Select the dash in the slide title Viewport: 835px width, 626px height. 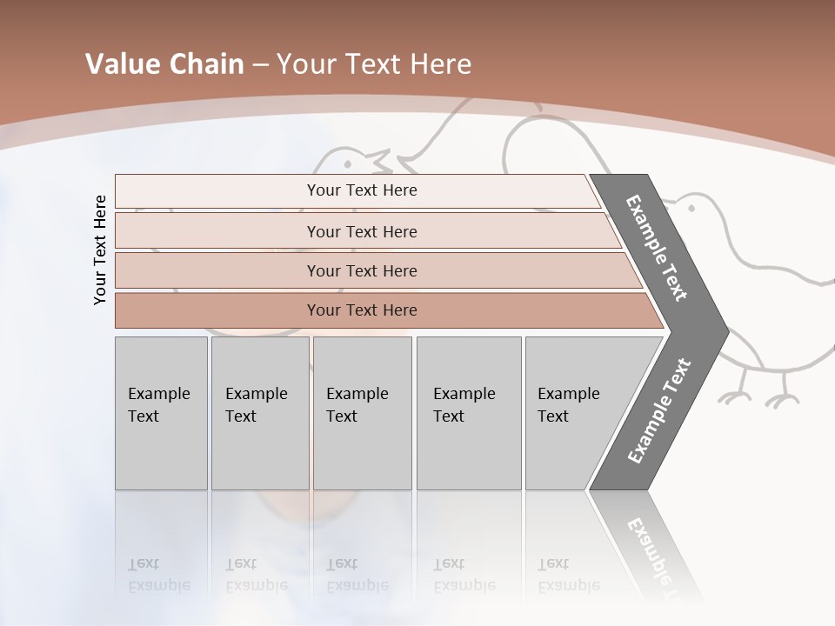pos(260,65)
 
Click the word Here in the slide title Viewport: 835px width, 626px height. pos(439,64)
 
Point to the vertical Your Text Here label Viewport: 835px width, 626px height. pos(100,250)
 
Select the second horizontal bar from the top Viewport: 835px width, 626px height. pos(361,231)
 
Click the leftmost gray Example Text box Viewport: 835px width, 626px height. pos(161,413)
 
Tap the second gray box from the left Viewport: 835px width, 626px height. pos(260,413)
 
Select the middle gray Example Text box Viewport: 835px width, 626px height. pos(362,413)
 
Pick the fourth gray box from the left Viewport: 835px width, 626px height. pos(469,413)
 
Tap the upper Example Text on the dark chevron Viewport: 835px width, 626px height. pos(657,249)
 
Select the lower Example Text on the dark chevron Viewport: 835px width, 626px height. pos(658,410)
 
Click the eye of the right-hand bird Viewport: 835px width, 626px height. pos(692,208)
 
